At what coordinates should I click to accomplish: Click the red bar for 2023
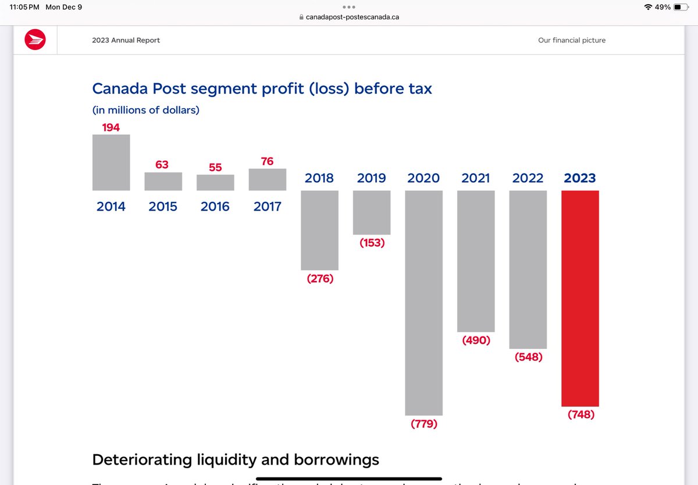point(580,298)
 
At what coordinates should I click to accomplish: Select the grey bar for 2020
point(423,302)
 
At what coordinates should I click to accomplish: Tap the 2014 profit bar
point(111,162)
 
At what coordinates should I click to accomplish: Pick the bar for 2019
point(372,212)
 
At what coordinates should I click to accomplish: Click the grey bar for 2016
point(215,183)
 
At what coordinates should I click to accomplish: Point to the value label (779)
point(423,425)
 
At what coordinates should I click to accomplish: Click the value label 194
point(111,127)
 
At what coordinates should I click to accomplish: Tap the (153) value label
point(372,243)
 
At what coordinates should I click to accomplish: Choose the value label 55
point(215,167)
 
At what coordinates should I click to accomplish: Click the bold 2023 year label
point(580,178)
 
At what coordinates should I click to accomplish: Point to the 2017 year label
point(267,206)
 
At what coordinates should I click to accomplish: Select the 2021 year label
point(476,178)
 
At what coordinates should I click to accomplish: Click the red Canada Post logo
point(35,40)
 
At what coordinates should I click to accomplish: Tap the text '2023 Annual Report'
point(126,40)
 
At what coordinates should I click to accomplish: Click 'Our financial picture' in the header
point(571,40)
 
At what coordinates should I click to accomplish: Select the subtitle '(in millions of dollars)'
point(145,110)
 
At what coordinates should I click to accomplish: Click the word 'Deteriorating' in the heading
point(143,460)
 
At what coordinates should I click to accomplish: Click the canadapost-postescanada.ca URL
point(352,17)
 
